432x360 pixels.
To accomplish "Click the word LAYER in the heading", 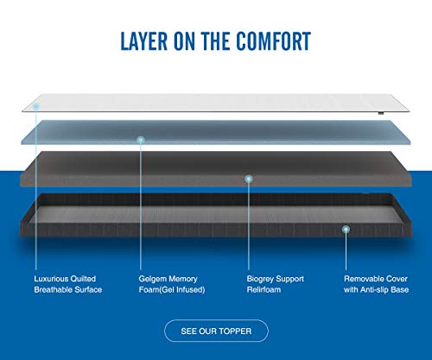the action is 144,41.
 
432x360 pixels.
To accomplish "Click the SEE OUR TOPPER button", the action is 216,331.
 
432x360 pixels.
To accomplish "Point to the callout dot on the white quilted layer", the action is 36,107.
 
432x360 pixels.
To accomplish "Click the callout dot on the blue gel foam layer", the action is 141,140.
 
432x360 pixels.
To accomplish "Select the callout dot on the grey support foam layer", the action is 249,179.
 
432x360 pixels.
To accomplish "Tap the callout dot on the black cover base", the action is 346,230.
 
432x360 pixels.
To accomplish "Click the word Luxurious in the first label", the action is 51,279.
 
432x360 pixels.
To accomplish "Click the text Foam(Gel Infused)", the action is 172,289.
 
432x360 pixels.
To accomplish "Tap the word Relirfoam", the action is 264,289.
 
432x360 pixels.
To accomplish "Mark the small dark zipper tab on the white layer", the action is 381,113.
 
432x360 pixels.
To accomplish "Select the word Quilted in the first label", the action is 83,279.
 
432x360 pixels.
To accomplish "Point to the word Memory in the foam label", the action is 183,279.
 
